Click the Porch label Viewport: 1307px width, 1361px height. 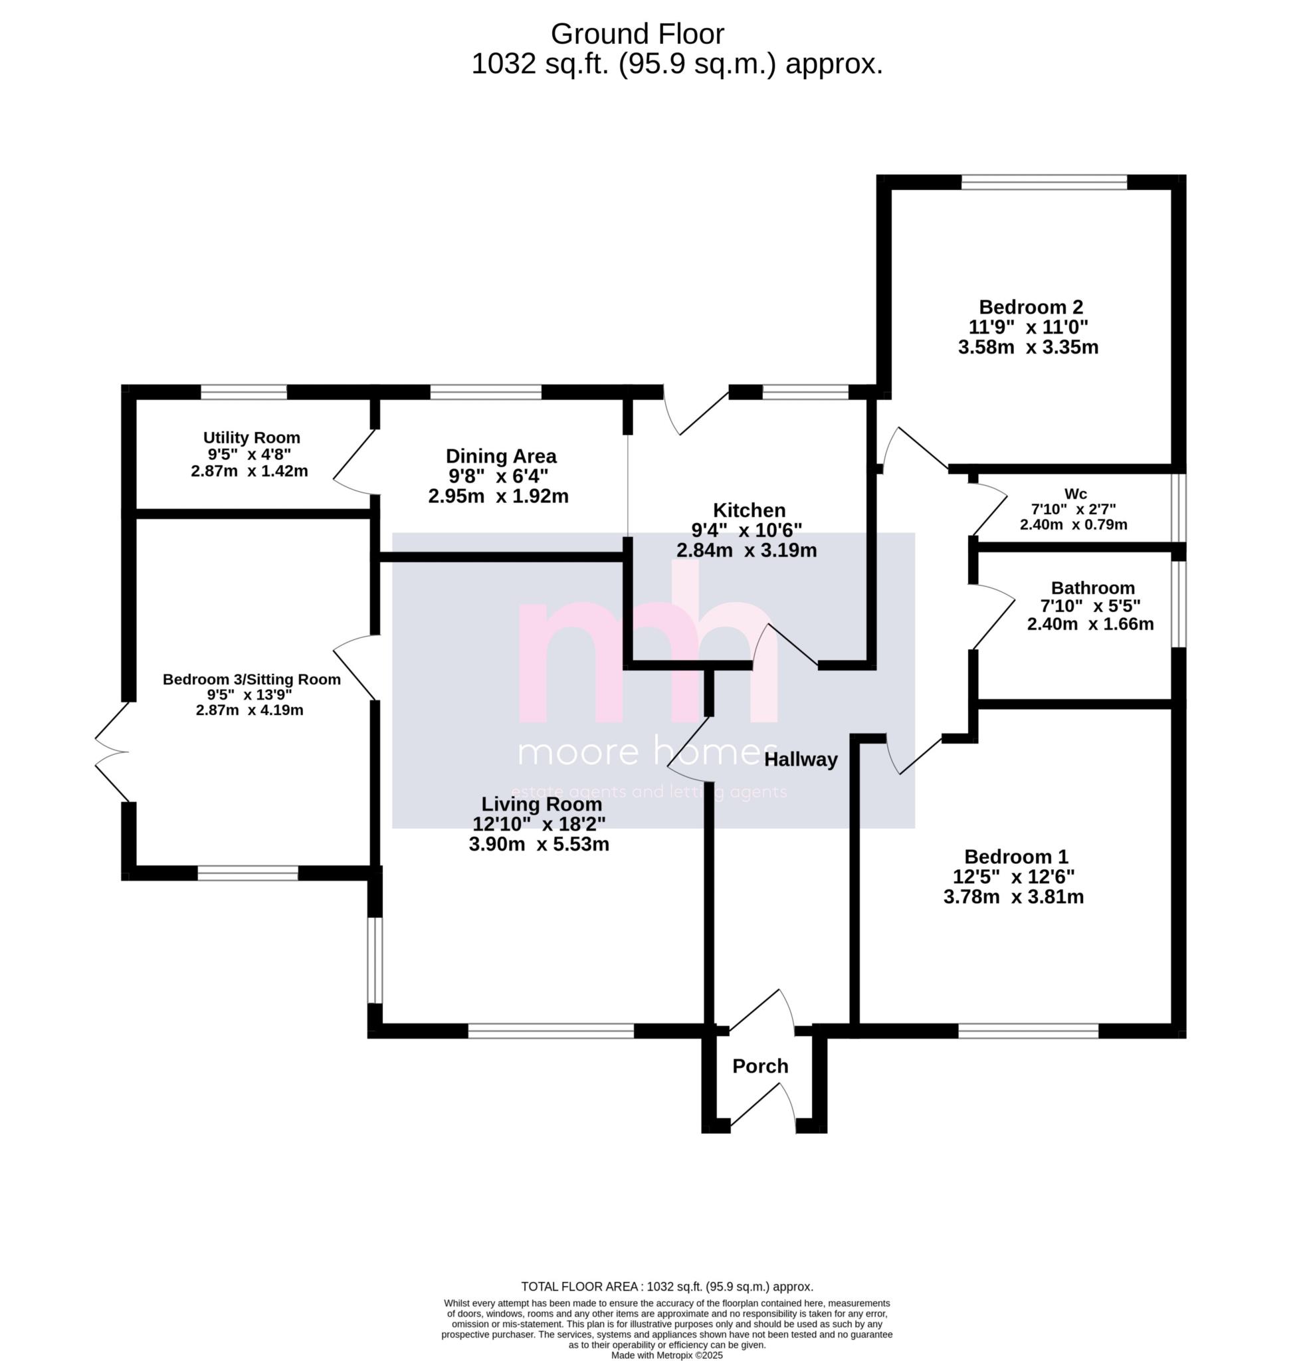(x=759, y=1065)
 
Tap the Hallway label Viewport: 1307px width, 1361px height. (x=800, y=759)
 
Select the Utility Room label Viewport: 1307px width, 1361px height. (x=251, y=437)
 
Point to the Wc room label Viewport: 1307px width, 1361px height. (x=1075, y=494)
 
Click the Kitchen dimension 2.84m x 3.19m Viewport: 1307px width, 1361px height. (x=746, y=551)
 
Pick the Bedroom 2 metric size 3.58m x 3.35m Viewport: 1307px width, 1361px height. (x=1028, y=347)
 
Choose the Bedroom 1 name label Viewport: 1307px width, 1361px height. (x=1016, y=856)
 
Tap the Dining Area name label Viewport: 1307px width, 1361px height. (x=501, y=456)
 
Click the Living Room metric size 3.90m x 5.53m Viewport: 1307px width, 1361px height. (x=539, y=845)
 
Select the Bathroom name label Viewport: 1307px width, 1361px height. (x=1092, y=587)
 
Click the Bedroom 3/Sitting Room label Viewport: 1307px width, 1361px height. (x=251, y=679)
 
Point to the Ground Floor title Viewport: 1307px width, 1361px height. (x=637, y=33)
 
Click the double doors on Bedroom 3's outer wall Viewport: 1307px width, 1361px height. (x=113, y=752)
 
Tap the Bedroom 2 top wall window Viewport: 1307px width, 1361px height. (x=1043, y=182)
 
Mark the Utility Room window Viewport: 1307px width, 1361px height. (x=244, y=392)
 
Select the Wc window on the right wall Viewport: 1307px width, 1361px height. (x=1178, y=507)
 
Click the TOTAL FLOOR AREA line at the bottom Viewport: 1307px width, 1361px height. (x=666, y=1287)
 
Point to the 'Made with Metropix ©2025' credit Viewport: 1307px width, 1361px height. (x=666, y=1355)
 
